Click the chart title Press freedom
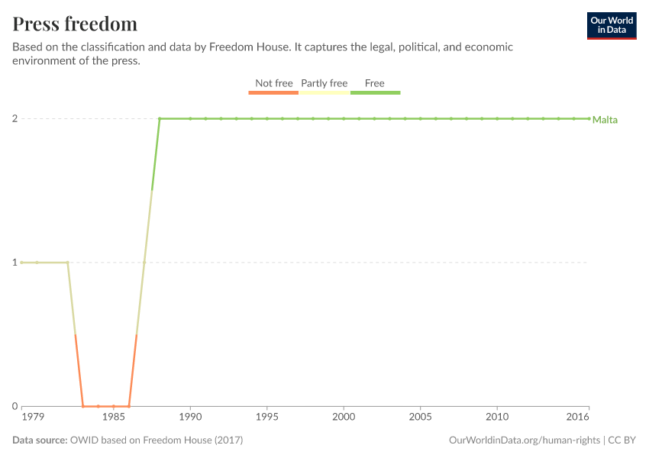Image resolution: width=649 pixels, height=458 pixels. coord(75,24)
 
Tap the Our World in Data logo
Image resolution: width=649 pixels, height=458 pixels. coord(612,25)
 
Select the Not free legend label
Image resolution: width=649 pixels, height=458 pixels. coord(273,83)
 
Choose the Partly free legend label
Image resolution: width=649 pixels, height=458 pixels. coord(324,83)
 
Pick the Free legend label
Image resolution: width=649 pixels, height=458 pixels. coord(375,83)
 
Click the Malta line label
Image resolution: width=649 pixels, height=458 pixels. coord(605,120)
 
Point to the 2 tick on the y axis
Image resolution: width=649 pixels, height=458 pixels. coord(14,119)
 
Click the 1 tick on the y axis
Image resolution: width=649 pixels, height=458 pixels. coord(14,263)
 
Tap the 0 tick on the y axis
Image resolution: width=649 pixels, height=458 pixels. coord(14,406)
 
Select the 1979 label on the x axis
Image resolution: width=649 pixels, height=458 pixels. coord(32,418)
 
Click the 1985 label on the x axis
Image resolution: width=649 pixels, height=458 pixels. coord(114,418)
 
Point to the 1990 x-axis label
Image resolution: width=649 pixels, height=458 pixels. coord(190,418)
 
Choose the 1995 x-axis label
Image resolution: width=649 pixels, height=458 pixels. coord(266,418)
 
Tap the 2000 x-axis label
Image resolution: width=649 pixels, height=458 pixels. coord(344,418)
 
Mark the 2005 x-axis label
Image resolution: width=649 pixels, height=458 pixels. coord(420,418)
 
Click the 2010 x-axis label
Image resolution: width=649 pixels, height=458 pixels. coord(497,418)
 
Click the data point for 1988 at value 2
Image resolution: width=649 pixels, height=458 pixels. coord(160,119)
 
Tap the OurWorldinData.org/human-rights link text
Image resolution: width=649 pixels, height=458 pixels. coord(524,440)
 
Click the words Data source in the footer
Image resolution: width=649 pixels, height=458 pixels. coord(40,440)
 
